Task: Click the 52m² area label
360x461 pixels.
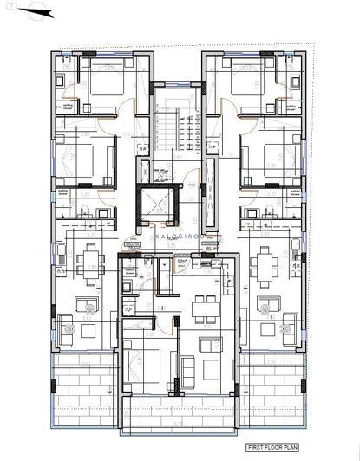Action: pos(183,258)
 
